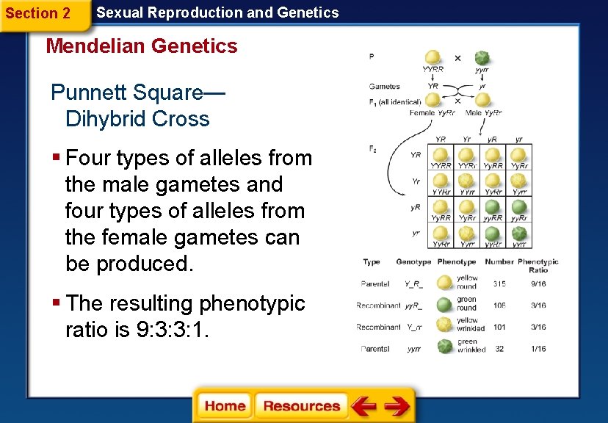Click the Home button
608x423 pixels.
click(x=225, y=406)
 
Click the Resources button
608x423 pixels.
click(x=301, y=406)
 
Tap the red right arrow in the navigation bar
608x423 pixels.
click(x=397, y=406)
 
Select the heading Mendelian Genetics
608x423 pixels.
click(x=142, y=46)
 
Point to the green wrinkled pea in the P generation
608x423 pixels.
click(x=481, y=58)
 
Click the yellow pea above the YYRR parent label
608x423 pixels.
click(x=433, y=58)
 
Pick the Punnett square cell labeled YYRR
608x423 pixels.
click(x=441, y=158)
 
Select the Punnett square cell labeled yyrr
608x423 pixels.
click(x=519, y=236)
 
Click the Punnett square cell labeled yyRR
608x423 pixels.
click(x=493, y=210)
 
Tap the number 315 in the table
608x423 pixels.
click(x=499, y=283)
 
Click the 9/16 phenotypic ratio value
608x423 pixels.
click(x=538, y=283)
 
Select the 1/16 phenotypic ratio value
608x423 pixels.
click(x=538, y=349)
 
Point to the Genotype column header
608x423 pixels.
click(x=413, y=262)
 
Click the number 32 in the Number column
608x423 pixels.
click(x=499, y=349)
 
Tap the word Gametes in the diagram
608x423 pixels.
click(x=385, y=87)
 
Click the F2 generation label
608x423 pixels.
click(x=373, y=149)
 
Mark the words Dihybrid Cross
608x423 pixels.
click(x=137, y=119)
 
